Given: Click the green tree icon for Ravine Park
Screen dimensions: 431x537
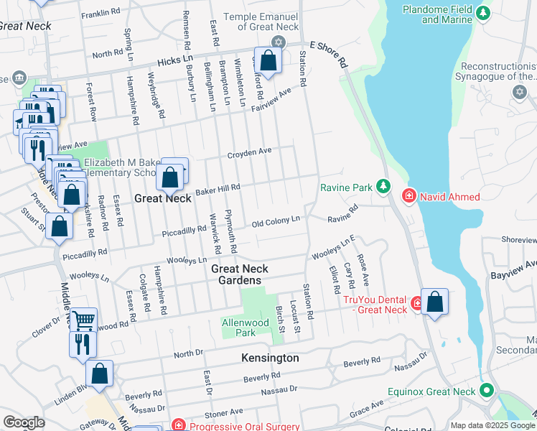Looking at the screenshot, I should (383, 187).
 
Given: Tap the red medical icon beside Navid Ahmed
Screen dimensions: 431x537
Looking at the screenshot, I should (408, 195).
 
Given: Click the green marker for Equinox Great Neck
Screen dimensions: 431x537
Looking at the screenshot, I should (487, 391).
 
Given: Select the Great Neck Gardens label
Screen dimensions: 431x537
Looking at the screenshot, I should (240, 274).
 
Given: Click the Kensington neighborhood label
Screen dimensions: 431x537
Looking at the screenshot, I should (270, 358).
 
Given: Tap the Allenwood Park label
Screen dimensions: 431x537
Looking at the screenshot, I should (246, 328).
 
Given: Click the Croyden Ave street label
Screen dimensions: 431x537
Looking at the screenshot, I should (249, 152).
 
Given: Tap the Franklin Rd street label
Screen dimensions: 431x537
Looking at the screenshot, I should (101, 13).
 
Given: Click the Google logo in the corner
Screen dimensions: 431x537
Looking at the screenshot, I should (24, 422).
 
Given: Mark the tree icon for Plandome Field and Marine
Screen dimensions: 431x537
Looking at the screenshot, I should (483, 13).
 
